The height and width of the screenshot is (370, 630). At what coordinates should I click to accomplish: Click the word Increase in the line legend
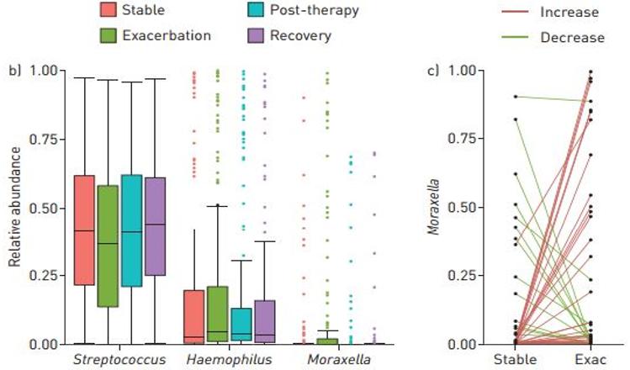[x=570, y=13]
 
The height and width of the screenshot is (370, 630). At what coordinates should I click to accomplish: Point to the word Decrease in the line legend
[x=573, y=37]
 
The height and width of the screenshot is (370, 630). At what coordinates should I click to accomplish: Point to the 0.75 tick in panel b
[x=45, y=139]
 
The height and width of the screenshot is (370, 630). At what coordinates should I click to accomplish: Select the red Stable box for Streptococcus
[x=83, y=230]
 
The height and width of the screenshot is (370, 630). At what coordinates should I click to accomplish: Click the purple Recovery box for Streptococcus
[x=155, y=226]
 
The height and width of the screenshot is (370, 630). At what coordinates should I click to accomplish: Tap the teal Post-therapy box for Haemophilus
[x=241, y=324]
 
